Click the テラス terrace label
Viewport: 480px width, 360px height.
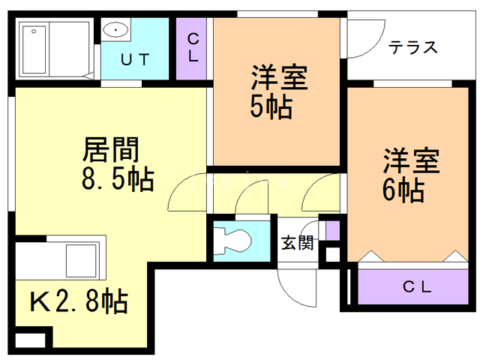click(x=412, y=46)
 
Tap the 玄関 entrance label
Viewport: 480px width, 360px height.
click(x=297, y=243)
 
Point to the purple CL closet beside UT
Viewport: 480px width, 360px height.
click(x=193, y=46)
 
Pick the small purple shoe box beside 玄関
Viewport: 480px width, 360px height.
click(x=332, y=231)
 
